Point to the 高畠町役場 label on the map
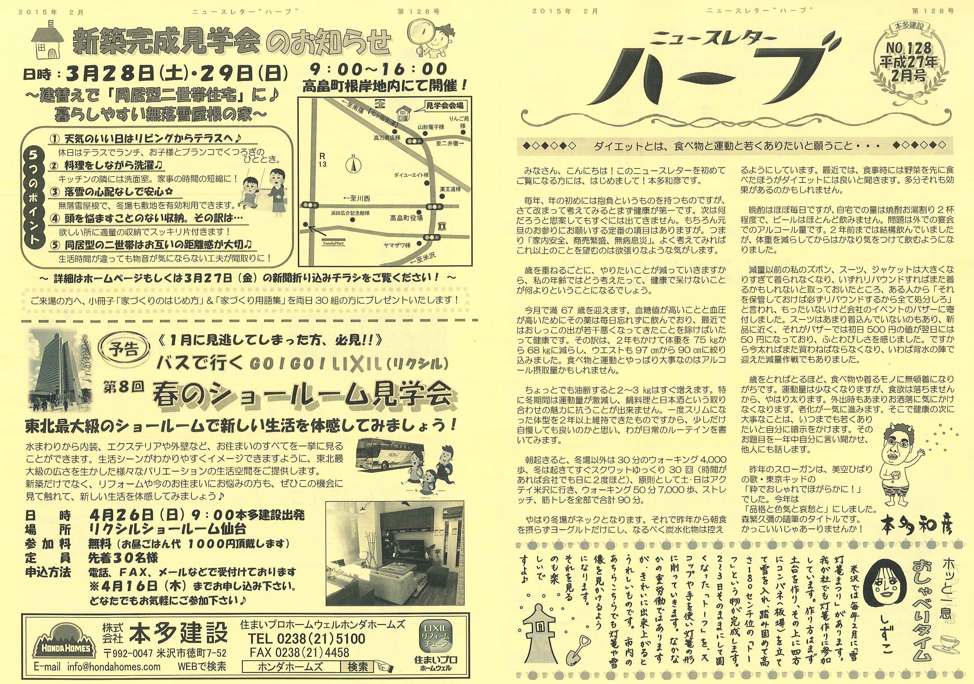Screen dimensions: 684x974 tap(406, 218)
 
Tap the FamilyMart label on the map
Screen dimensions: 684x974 tap(334, 244)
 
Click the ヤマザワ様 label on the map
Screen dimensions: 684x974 tap(397, 245)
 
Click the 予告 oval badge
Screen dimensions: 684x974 tap(125, 349)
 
